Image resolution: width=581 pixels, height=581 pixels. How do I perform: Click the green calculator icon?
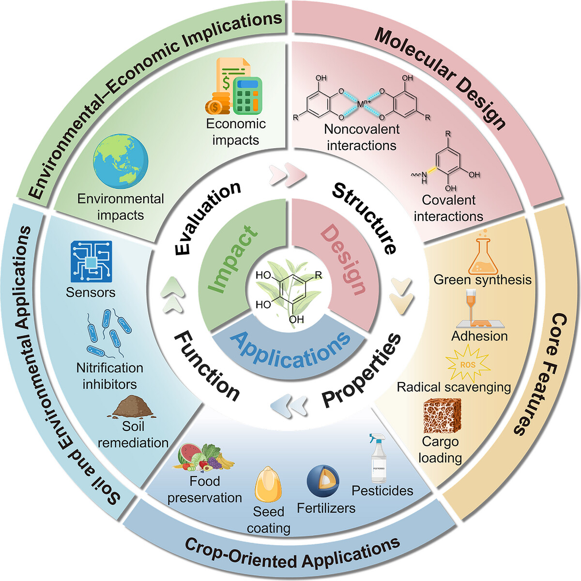(x=247, y=95)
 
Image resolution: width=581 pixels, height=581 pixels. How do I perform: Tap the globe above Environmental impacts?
(x=121, y=161)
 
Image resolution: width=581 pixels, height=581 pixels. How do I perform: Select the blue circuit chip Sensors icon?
(x=92, y=261)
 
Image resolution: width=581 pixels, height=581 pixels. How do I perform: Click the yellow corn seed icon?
(x=268, y=484)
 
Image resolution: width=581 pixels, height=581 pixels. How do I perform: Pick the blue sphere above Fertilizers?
(x=323, y=481)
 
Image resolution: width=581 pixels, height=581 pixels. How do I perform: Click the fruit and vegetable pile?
(x=203, y=457)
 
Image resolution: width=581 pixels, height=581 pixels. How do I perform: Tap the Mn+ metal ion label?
(x=364, y=104)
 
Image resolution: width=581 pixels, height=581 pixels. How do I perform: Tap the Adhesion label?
(x=479, y=336)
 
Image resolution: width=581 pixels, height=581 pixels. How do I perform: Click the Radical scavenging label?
(x=454, y=387)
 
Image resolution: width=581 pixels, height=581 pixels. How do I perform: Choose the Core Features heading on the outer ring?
(x=536, y=374)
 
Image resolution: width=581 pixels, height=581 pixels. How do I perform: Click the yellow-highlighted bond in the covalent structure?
(x=432, y=169)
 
